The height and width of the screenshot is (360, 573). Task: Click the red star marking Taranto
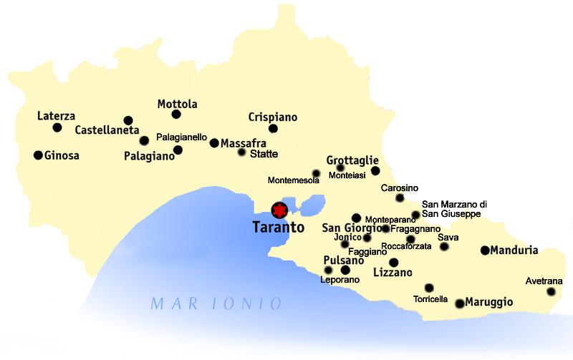279,210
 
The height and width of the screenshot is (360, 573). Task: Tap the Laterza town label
56,116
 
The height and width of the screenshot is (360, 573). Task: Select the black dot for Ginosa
38,155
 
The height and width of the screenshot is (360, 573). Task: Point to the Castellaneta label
107,130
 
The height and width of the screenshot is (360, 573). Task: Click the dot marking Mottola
176,115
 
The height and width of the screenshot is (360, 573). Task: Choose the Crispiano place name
272,117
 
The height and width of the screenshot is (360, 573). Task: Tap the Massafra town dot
213,143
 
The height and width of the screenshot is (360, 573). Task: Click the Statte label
264,154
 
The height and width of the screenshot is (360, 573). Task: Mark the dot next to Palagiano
178,150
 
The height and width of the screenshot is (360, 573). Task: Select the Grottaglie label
352,160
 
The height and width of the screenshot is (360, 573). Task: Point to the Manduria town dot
485,250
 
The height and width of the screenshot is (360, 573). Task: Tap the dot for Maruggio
459,303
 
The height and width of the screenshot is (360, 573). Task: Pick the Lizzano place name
393,273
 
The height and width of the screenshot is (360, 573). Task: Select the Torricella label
431,299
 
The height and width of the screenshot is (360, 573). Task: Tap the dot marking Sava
444,247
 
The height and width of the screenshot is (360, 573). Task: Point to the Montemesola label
293,180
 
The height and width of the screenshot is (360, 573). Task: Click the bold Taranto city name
279,228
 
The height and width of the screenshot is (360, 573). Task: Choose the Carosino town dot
400,198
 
